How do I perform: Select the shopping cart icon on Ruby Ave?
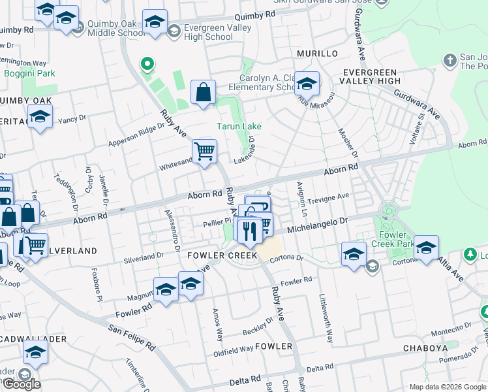[204, 152]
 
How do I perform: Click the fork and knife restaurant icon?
[248, 230]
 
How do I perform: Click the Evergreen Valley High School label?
[208, 33]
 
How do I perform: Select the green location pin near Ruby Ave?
[147, 64]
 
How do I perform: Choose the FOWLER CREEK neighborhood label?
[222, 255]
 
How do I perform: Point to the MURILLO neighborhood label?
[317, 53]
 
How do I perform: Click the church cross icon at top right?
[450, 61]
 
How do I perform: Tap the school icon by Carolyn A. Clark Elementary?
[307, 84]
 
